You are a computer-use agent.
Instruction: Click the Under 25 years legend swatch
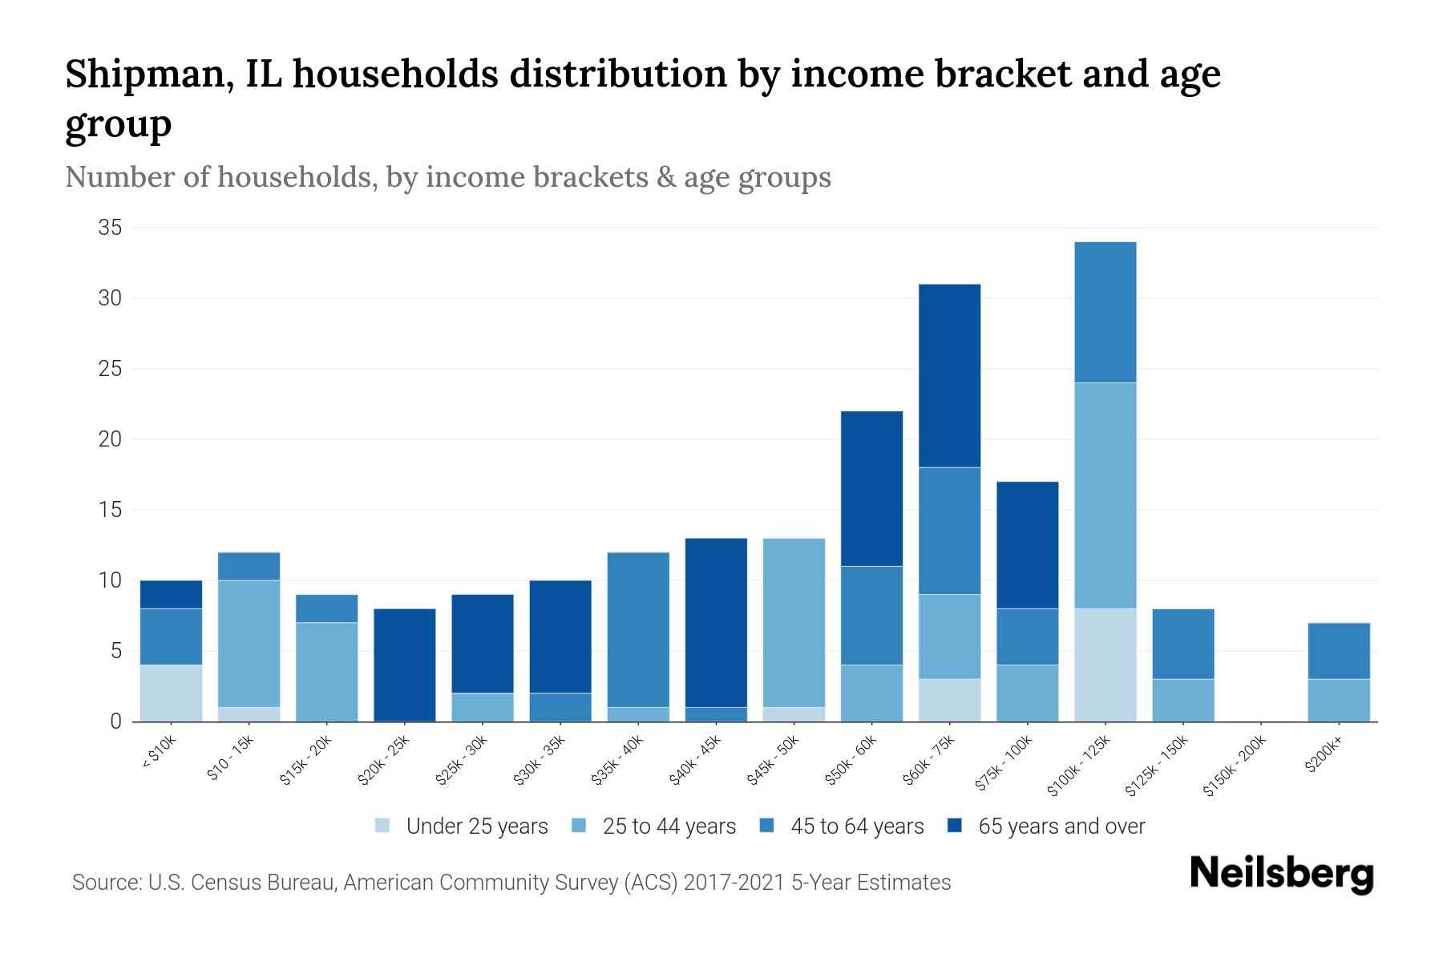point(383,826)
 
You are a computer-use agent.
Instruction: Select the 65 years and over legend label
point(1061,826)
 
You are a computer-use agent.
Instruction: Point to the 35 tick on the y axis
point(110,228)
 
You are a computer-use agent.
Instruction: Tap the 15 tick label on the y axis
point(110,510)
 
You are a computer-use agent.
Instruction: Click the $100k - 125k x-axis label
point(1079,766)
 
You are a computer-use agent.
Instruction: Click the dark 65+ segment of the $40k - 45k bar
point(716,622)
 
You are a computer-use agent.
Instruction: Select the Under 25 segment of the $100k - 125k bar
point(1105,665)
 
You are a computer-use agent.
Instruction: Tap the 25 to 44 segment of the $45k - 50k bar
point(794,622)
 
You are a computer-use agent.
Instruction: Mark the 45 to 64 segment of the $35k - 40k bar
point(638,629)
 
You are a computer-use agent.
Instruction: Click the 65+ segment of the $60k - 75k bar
point(949,375)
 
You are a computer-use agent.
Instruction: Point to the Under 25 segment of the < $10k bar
point(171,693)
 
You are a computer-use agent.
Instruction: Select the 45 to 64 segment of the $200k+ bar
point(1339,651)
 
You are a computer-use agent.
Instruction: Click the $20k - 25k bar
point(405,665)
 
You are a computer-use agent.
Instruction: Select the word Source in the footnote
point(104,883)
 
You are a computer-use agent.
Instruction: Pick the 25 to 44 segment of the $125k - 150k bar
point(1183,700)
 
